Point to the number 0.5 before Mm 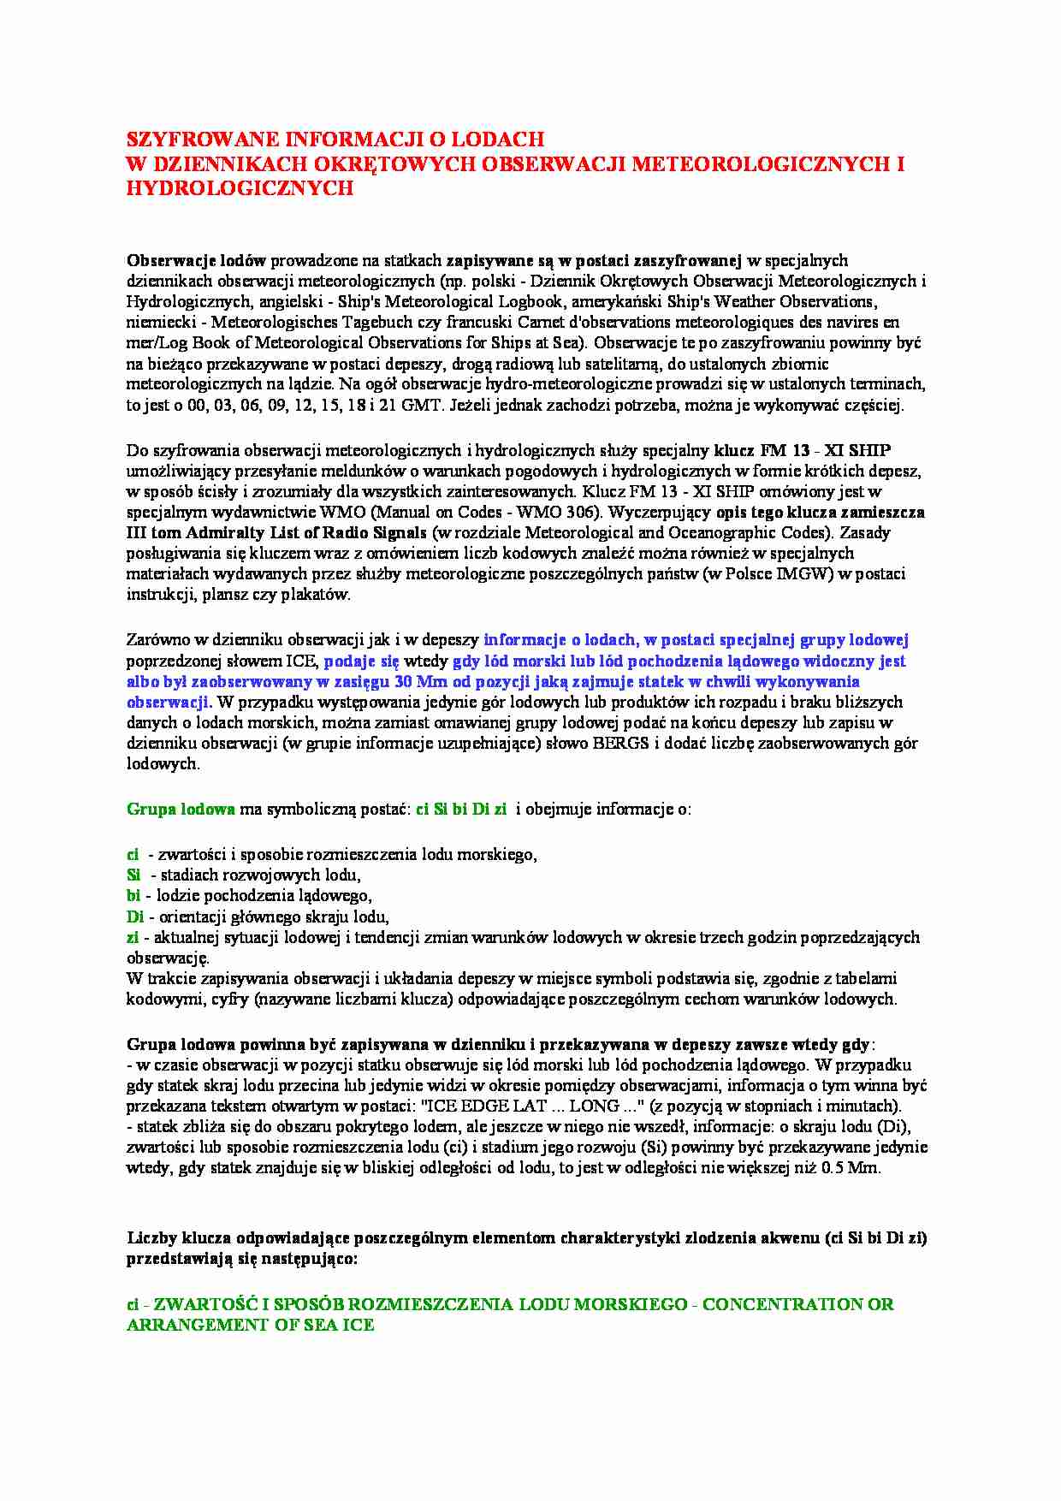coord(833,1167)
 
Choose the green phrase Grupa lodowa coord(181,809)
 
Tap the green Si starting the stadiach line coord(133,875)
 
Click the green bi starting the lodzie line coord(133,895)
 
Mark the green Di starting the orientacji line coord(135,917)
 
